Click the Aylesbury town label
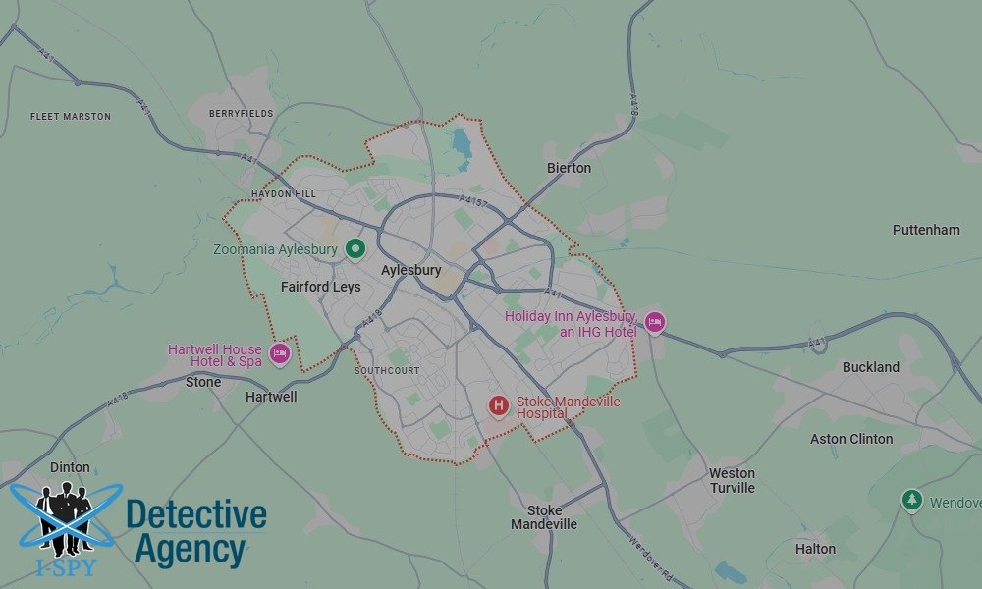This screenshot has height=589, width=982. coord(410,270)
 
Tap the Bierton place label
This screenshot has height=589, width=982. coord(569,168)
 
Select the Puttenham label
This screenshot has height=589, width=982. coord(926,230)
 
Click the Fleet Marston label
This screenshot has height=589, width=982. coord(71,117)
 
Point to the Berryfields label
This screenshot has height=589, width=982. coord(241,114)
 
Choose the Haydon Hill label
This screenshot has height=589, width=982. coord(284,194)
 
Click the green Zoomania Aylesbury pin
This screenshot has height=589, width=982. coord(355,249)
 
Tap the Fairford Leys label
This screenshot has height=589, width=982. coord(320,288)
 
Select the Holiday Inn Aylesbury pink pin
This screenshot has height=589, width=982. coord(654,322)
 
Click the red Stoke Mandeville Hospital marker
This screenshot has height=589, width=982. coord(499,404)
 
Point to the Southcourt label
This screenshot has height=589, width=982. coord(387,371)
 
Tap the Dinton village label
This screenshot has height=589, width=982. coord(69,467)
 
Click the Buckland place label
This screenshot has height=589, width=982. coord(870,367)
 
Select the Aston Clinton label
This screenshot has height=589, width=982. coord(851,439)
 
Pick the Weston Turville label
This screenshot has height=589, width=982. coord(733,480)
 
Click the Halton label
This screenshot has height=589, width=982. coord(815,549)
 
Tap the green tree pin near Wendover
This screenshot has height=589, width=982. coord(912,501)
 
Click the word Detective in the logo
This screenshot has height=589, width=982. coord(196,513)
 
